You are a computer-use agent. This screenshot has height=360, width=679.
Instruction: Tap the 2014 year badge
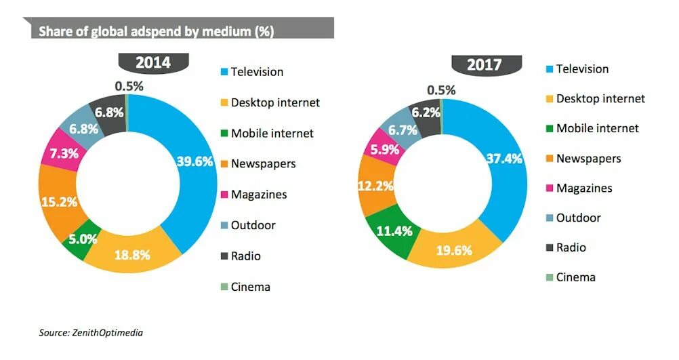tap(153, 63)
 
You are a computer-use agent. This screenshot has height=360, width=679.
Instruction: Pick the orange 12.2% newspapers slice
tap(374, 186)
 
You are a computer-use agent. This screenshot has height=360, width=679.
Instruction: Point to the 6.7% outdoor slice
tap(403, 129)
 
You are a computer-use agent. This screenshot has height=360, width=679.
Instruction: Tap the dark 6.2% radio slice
tap(426, 114)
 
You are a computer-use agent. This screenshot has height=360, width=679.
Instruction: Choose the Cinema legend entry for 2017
tap(575, 277)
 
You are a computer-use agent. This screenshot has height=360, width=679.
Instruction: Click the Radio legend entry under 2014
tap(245, 256)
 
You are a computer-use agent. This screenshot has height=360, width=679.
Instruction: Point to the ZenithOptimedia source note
tap(90, 332)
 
